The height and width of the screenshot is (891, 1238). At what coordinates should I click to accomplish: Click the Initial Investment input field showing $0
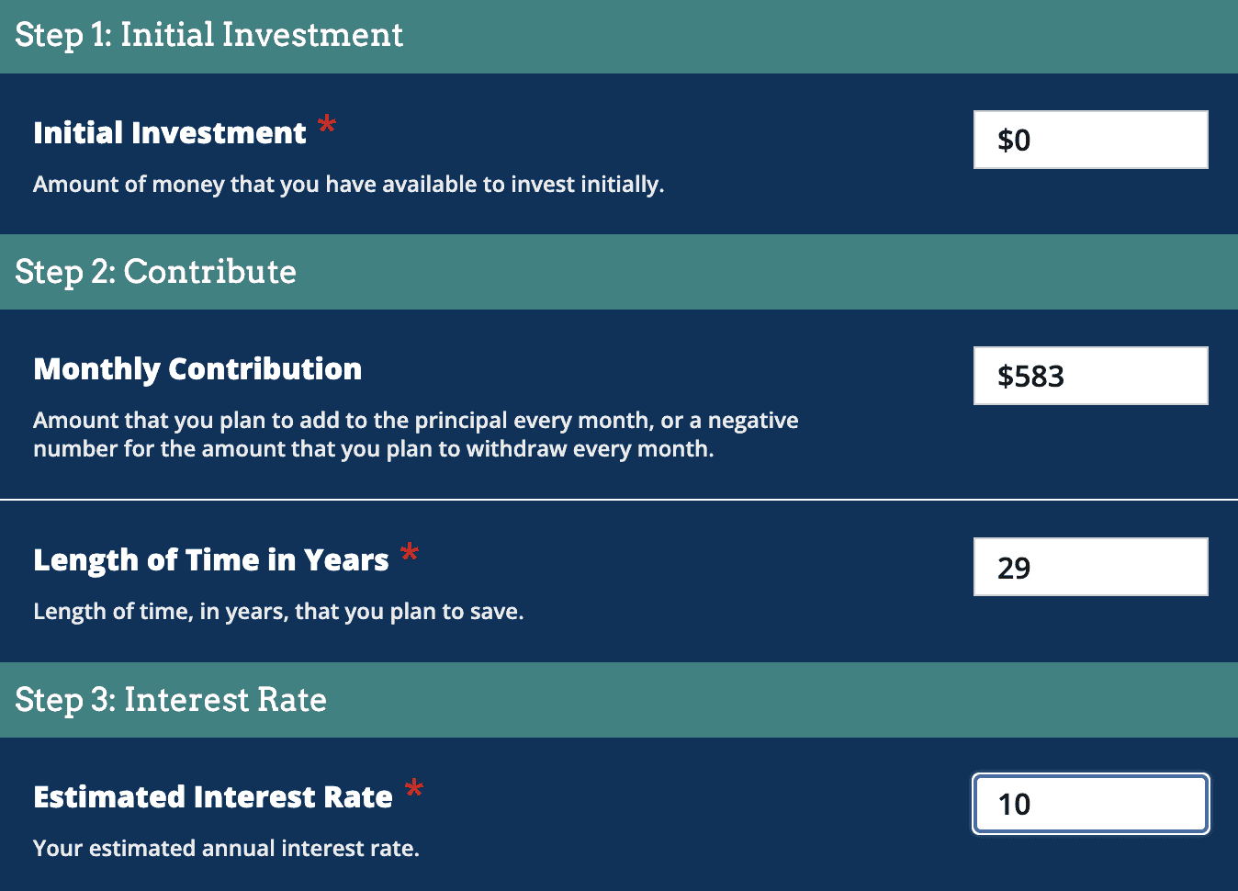pos(1090,140)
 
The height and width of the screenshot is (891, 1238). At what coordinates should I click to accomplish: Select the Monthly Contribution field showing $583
pos(1090,376)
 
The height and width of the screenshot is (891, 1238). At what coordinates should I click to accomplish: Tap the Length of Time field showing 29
pos(1090,567)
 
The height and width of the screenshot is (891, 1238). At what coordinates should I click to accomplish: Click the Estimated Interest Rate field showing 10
pos(1090,804)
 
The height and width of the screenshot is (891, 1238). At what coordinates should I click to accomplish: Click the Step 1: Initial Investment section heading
pos(208,35)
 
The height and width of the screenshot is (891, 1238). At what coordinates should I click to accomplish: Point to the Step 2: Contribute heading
pos(155,272)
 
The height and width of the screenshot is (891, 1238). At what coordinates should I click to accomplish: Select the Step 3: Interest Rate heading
pos(171,700)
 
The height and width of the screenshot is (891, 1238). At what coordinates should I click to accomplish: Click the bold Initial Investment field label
pos(170,133)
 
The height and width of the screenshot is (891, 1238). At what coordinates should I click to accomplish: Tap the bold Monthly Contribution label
pos(197,369)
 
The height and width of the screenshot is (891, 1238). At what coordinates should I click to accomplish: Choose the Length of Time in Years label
pos(211,560)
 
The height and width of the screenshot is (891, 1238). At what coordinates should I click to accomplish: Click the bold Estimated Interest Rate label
pos(213,797)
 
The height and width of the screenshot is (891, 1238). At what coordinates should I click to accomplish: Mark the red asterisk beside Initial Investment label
pos(327,125)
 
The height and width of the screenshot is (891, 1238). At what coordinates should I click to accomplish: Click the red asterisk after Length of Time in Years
pos(410,553)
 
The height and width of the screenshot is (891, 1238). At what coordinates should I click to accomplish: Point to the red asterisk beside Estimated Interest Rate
pos(414,789)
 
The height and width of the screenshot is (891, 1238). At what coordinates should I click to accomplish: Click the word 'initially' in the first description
pos(620,185)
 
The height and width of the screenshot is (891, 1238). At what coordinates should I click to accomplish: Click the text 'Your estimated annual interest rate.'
pos(226,849)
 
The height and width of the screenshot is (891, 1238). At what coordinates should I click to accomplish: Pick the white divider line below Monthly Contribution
pos(619,500)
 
